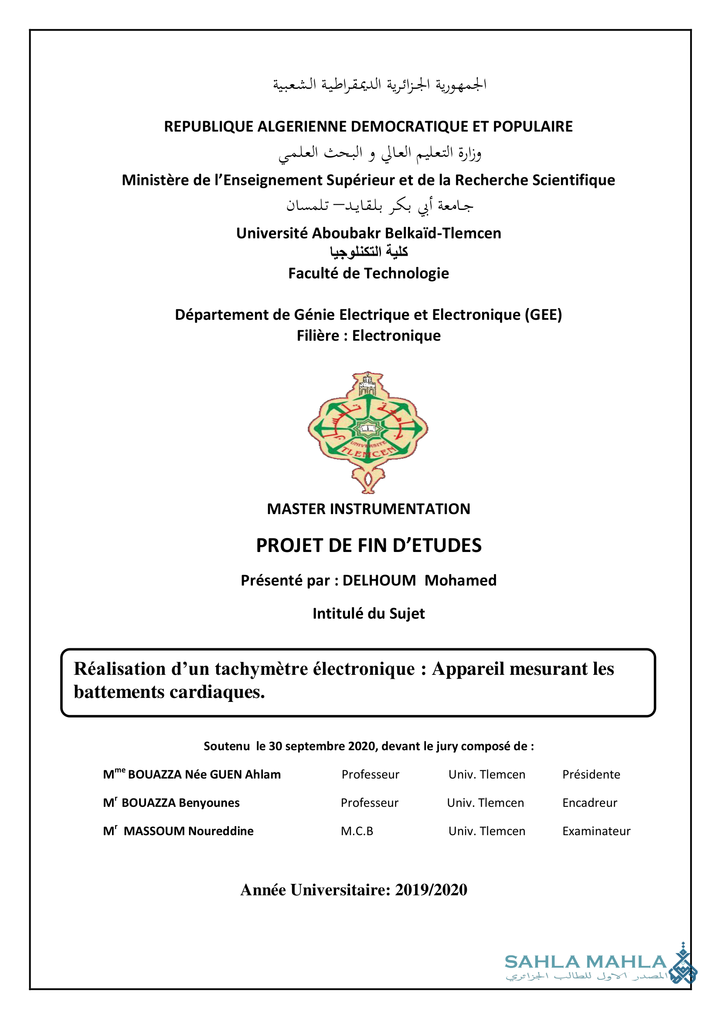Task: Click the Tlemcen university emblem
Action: click(367, 432)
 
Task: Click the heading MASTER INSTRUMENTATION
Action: click(368, 509)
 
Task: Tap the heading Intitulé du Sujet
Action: click(368, 614)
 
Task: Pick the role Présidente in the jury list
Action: click(591, 775)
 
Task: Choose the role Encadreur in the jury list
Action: click(589, 803)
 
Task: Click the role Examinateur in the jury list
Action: click(596, 831)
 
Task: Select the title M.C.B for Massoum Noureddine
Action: click(357, 831)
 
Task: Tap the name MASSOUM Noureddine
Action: click(188, 831)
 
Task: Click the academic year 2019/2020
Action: click(431, 890)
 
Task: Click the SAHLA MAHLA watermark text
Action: click(585, 962)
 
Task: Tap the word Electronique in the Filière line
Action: click(396, 336)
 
